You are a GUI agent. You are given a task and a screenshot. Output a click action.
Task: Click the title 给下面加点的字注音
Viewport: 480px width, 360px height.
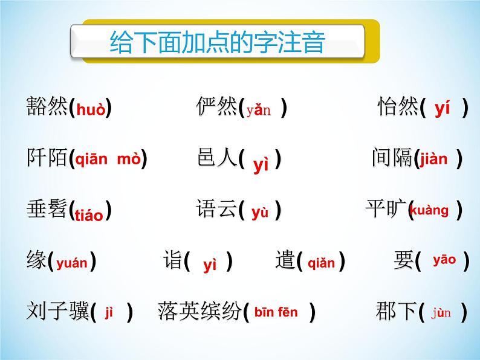click(218, 43)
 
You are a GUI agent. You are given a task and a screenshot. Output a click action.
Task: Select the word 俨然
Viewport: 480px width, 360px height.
click(216, 108)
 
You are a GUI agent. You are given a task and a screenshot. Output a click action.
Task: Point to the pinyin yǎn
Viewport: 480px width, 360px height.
click(259, 111)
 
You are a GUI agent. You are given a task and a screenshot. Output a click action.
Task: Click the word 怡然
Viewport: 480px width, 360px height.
click(398, 108)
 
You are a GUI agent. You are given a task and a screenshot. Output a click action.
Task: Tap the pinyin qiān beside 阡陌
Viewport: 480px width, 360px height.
click(91, 159)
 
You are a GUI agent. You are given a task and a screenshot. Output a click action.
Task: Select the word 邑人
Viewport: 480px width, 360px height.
click(216, 159)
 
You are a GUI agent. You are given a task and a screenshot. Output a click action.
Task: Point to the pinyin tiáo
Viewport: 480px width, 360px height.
click(91, 215)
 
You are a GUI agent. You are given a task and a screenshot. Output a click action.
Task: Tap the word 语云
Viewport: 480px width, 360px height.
click(216, 210)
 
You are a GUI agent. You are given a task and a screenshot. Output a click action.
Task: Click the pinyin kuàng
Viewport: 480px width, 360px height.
click(430, 210)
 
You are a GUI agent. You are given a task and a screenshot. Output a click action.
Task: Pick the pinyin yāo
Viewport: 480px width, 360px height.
click(444, 260)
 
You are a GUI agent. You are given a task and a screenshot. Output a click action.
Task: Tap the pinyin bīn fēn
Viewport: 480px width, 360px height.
click(276, 312)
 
